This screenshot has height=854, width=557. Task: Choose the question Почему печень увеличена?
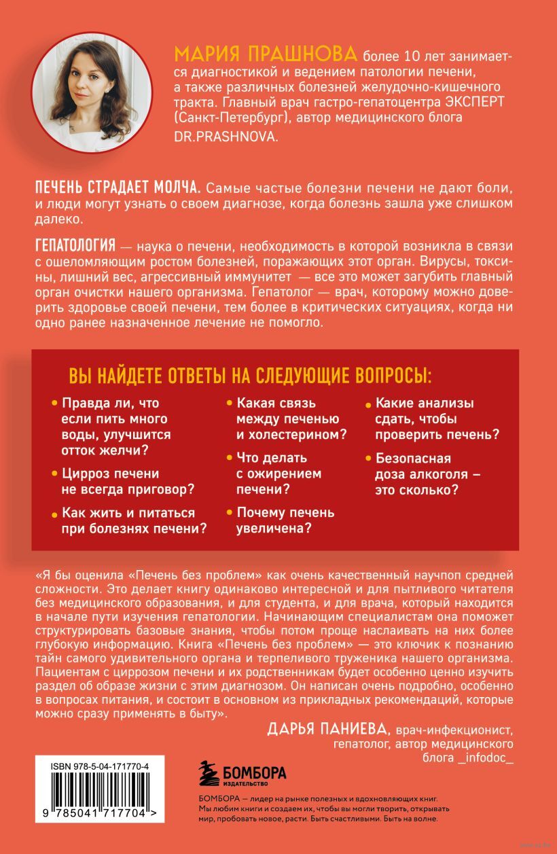click(285, 520)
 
